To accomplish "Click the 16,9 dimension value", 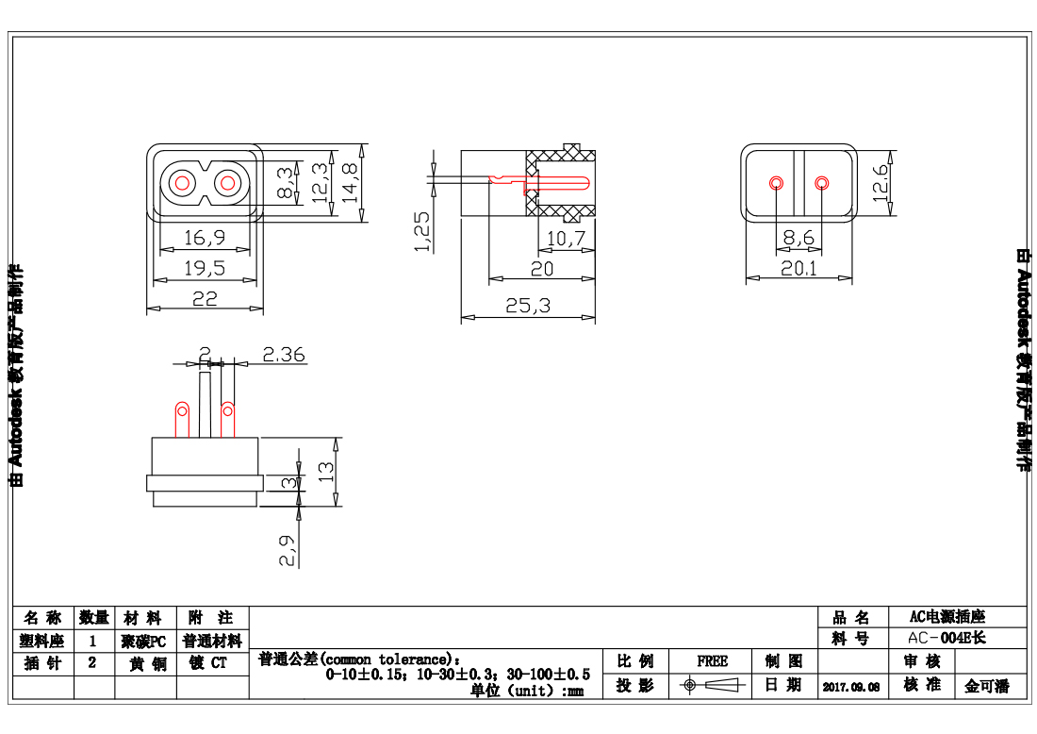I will pyautogui.click(x=204, y=236).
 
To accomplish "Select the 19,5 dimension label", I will pyautogui.click(x=204, y=268).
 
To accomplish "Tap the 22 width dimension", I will pyautogui.click(x=205, y=298).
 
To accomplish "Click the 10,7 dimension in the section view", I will pyautogui.click(x=566, y=239).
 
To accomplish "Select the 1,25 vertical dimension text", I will pyautogui.click(x=422, y=231).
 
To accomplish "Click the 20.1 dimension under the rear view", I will pyautogui.click(x=798, y=269).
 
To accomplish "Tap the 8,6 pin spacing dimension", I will pyautogui.click(x=798, y=239).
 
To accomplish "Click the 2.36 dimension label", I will pyautogui.click(x=283, y=355).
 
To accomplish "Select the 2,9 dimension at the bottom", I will pyautogui.click(x=288, y=550).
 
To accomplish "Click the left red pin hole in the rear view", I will pyautogui.click(x=776, y=182).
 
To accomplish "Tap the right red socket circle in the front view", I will pyautogui.click(x=227, y=183).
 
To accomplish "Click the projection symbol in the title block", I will pyautogui.click(x=712, y=685).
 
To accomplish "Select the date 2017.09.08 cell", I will pyautogui.click(x=850, y=687).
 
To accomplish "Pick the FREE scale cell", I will pyautogui.click(x=712, y=661).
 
